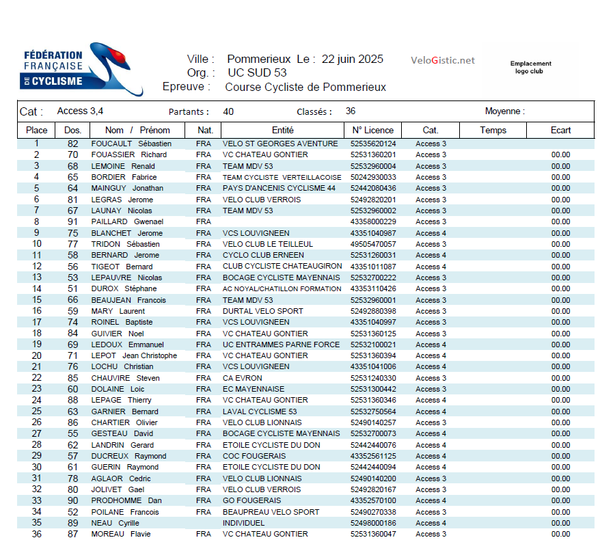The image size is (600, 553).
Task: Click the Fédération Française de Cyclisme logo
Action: [81, 72]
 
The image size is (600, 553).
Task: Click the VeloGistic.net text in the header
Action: [442, 60]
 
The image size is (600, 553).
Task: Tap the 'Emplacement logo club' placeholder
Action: [530, 67]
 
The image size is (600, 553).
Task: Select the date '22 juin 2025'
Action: [352, 59]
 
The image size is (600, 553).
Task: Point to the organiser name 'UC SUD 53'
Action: [257, 72]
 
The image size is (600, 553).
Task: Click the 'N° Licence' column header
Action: [372, 130]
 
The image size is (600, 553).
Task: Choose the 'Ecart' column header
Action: [560, 130]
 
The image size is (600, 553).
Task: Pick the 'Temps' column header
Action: [493, 130]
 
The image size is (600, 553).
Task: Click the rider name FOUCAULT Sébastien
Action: [131, 144]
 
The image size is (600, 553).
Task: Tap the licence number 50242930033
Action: [373, 177]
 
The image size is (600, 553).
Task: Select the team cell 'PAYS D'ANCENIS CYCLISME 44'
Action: [279, 188]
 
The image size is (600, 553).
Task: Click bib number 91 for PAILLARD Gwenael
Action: [72, 221]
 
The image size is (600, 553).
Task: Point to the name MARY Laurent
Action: [118, 311]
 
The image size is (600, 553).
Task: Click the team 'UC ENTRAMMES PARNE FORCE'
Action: [281, 345]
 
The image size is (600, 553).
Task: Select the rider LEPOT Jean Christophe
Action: [134, 355]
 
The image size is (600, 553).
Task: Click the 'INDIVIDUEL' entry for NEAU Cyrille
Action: [244, 523]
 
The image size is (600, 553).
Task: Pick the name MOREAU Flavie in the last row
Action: [121, 534]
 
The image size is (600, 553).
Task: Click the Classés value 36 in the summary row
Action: [351, 111]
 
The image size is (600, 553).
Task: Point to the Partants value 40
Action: [228, 111]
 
